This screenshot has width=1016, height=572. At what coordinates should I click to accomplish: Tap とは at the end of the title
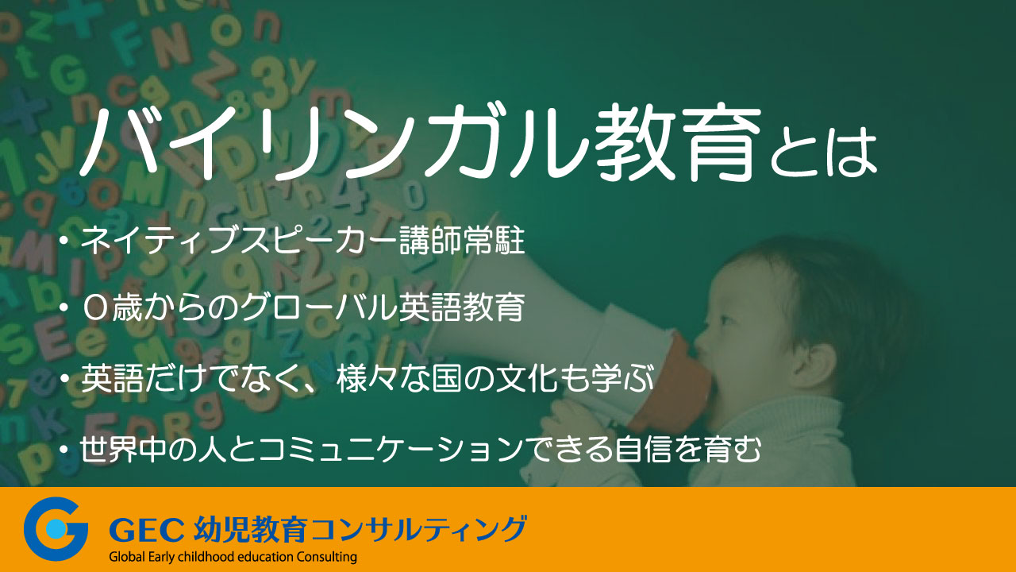coord(824,152)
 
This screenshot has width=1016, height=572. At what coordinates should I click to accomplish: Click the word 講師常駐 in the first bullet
coord(462,241)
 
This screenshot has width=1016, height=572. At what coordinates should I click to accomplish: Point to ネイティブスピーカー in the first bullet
coord(240,241)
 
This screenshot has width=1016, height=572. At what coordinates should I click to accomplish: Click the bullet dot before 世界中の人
coord(64,449)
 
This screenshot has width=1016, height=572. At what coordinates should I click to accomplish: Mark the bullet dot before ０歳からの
coord(64,308)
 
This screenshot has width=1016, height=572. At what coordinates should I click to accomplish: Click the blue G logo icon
coord(56,528)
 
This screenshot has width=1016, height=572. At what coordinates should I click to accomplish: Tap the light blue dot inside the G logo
coord(56,529)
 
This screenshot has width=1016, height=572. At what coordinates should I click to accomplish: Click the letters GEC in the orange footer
coord(146,529)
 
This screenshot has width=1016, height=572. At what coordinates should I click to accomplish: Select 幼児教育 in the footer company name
coord(251,528)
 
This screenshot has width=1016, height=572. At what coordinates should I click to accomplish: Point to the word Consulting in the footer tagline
coord(326,557)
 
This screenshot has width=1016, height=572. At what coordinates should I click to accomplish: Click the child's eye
coord(725,320)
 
